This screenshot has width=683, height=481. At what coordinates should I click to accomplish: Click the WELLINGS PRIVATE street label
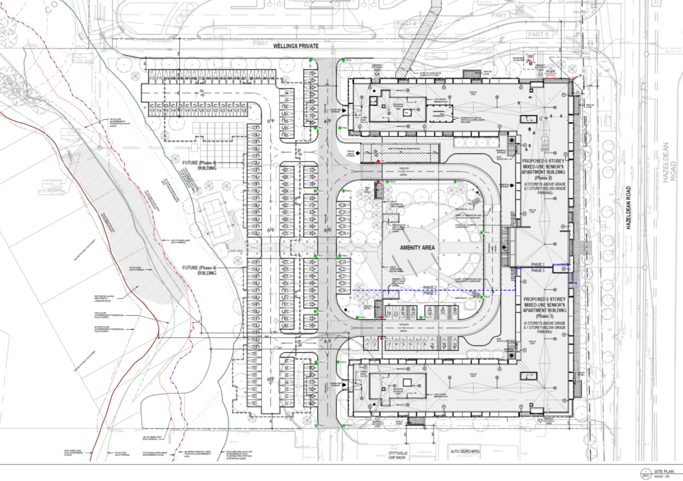tap(296, 46)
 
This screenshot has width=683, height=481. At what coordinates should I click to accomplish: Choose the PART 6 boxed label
tap(539, 34)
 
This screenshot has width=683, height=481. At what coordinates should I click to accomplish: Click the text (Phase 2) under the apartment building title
tap(546, 178)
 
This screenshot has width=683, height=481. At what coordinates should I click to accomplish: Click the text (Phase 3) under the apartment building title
tap(546, 316)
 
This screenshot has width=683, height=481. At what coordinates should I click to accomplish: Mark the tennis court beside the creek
tap(216, 217)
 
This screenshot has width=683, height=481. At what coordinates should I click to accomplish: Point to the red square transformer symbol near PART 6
tap(530, 63)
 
